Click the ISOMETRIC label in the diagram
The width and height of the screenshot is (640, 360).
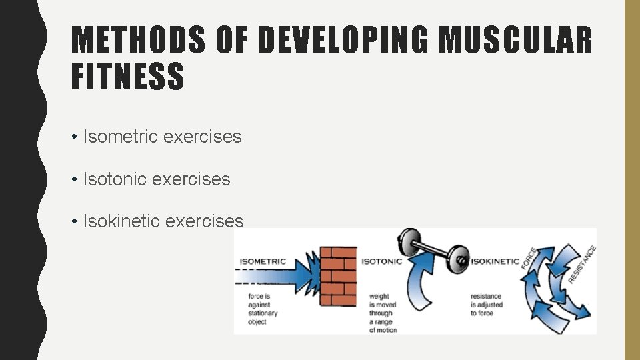click(x=263, y=261)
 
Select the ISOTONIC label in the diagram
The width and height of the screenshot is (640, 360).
click(x=382, y=261)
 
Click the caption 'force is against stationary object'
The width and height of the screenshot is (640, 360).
click(x=262, y=309)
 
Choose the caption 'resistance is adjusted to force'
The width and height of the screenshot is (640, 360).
click(x=487, y=305)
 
